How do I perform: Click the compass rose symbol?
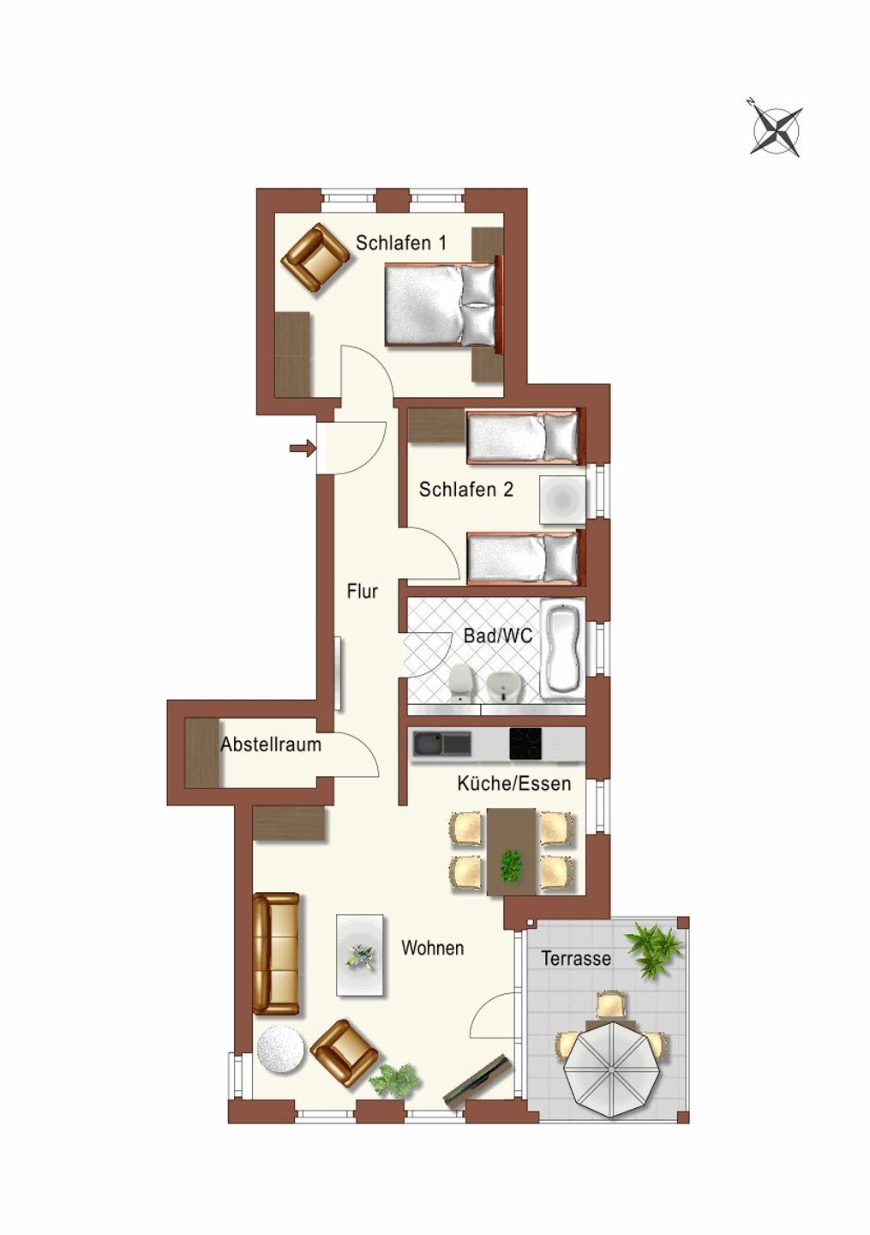[776, 130]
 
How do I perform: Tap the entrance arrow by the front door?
[303, 449]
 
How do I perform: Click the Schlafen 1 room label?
[401, 243]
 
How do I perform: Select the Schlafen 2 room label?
[466, 489]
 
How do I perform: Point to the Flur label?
[362, 591]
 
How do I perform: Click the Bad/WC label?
[497, 636]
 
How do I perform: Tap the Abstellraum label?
[271, 744]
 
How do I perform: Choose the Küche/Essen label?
[514, 784]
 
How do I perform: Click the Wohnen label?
[433, 948]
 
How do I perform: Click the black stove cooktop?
[525, 744]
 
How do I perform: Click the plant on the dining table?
[511, 865]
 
